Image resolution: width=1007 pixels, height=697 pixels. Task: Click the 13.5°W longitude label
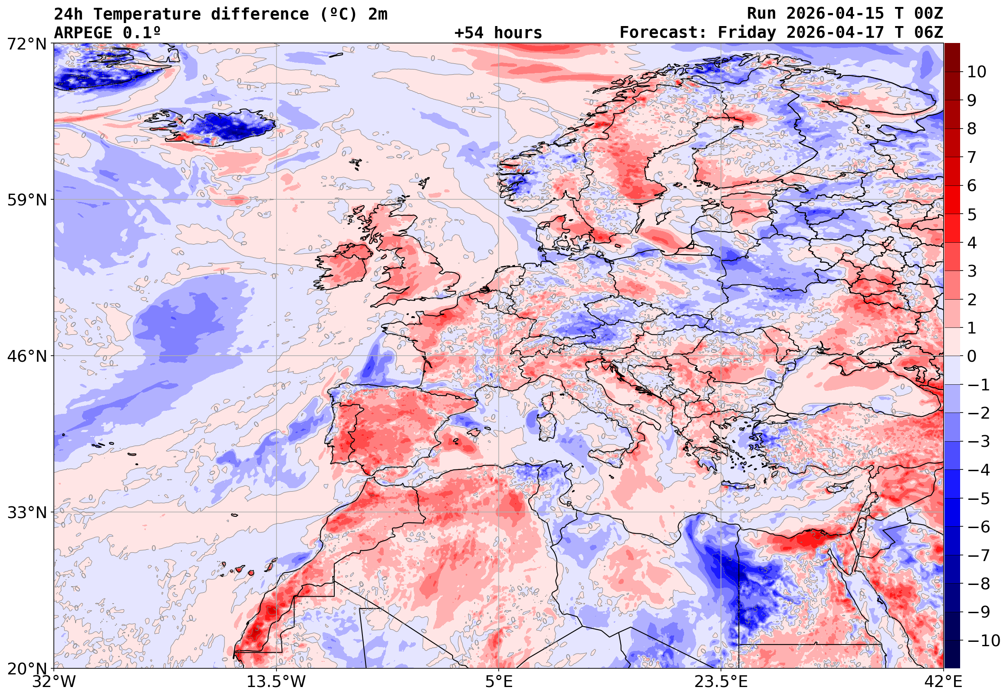pyautogui.click(x=276, y=681)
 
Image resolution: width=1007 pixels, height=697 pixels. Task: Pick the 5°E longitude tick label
pyautogui.click(x=498, y=681)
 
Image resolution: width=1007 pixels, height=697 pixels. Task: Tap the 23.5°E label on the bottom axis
pyautogui.click(x=721, y=681)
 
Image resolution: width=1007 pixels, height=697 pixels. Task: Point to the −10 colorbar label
pyautogui.click(x=984, y=641)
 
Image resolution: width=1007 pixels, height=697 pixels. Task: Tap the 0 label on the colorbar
pyautogui.click(x=972, y=357)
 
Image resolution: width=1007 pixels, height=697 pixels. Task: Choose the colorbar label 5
pyautogui.click(x=972, y=215)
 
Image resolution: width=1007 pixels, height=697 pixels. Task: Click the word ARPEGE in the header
pyautogui.click(x=83, y=33)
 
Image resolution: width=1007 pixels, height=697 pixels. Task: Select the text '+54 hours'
pyautogui.click(x=498, y=33)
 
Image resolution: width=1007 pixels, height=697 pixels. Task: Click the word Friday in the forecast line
pyautogui.click(x=747, y=33)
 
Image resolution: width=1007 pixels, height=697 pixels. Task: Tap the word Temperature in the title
pyautogui.click(x=147, y=14)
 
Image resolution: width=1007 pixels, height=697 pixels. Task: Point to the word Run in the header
pyautogui.click(x=761, y=13)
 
